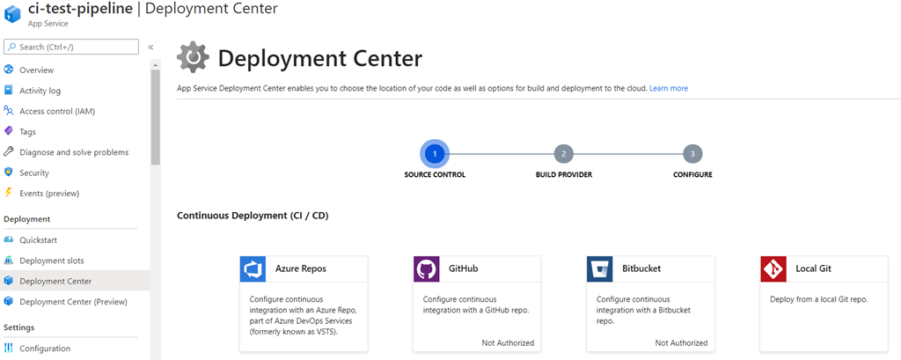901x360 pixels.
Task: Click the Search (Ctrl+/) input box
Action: click(x=71, y=47)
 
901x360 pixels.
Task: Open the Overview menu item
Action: click(x=37, y=70)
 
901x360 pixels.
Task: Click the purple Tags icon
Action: click(x=9, y=132)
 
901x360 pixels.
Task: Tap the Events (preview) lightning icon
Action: click(x=9, y=194)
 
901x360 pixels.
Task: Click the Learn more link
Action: click(x=669, y=89)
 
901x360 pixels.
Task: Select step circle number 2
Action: click(x=564, y=154)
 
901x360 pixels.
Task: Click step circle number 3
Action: click(x=692, y=154)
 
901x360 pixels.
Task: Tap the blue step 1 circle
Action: click(x=435, y=154)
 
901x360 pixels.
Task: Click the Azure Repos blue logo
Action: click(x=253, y=269)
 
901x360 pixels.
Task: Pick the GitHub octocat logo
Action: click(x=427, y=269)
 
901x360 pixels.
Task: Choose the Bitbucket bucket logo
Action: click(x=600, y=269)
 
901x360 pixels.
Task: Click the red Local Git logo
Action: click(x=773, y=269)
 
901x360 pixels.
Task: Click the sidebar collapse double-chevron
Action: click(x=150, y=48)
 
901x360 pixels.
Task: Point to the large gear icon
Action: click(x=194, y=57)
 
